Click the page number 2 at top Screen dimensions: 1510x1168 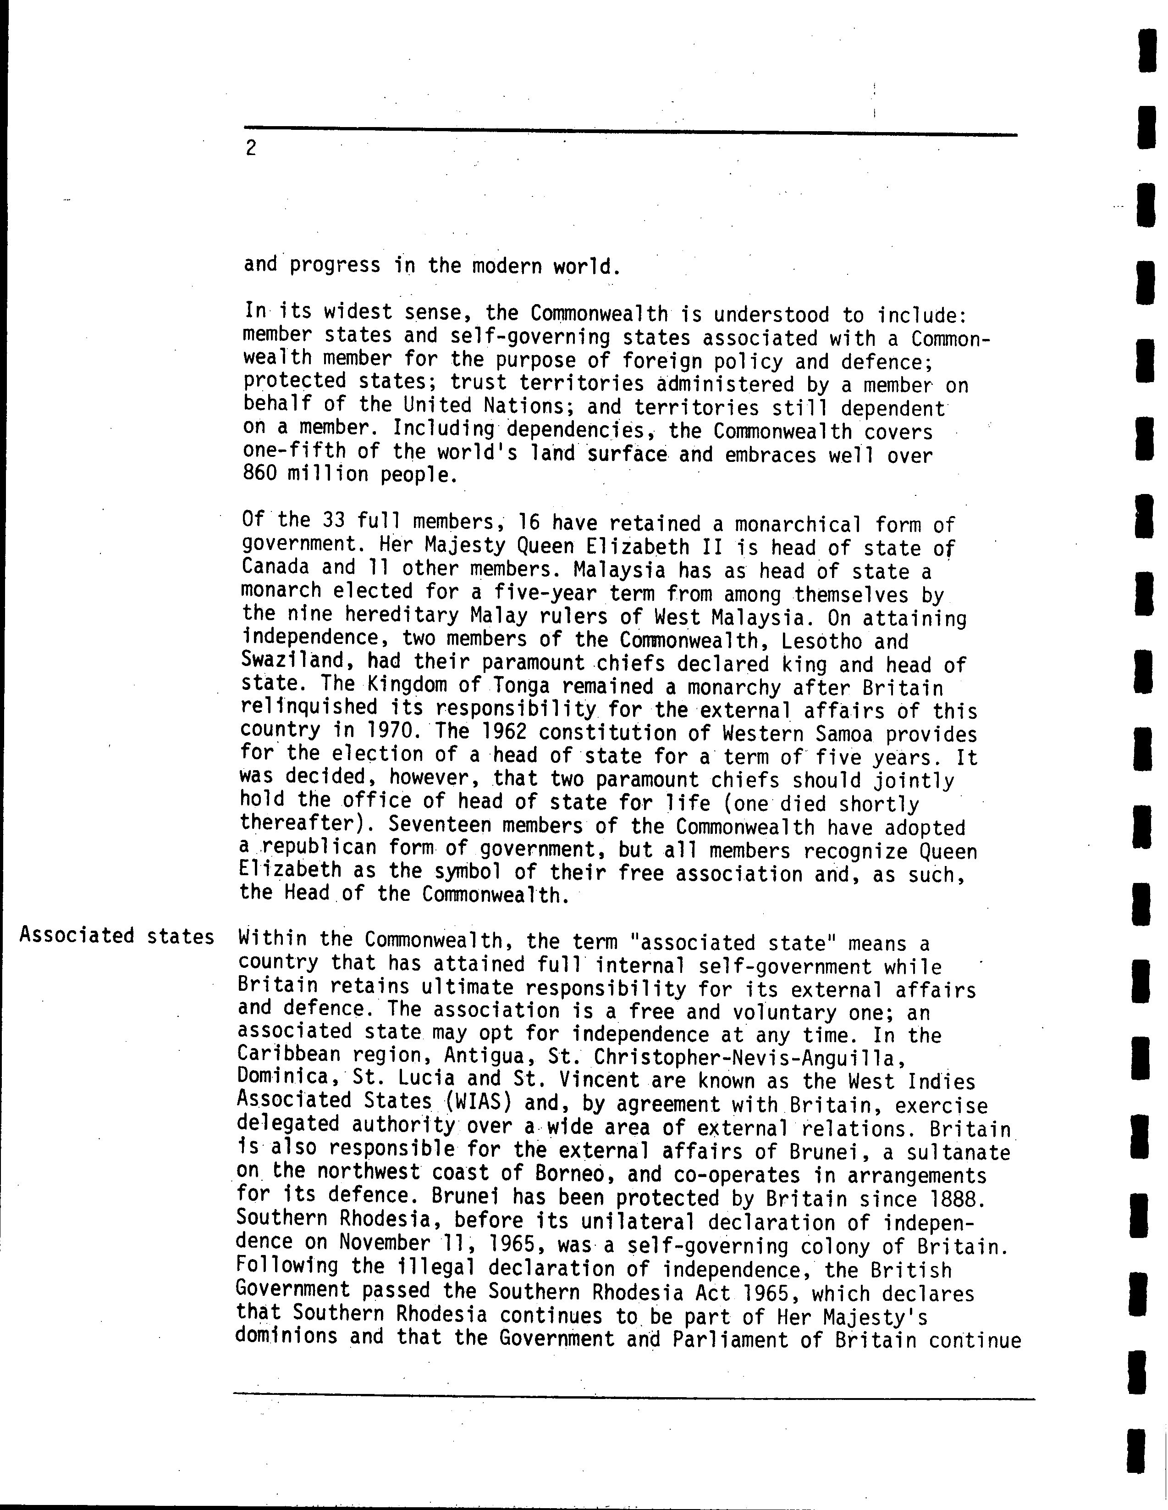tap(250, 148)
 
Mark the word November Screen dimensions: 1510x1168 tap(384, 1243)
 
